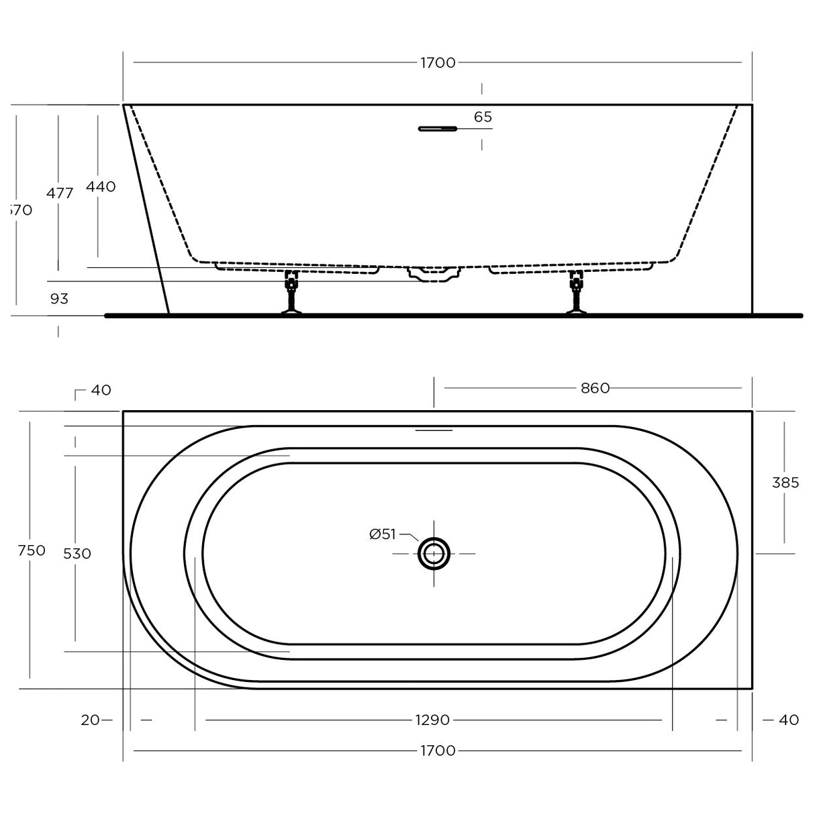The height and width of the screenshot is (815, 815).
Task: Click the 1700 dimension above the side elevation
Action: tap(438, 63)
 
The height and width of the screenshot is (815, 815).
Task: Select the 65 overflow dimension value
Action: tap(483, 117)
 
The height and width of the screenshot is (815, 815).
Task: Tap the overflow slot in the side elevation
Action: tap(437, 128)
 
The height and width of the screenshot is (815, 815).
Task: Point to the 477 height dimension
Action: tap(60, 193)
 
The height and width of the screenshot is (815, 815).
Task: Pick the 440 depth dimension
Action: tap(101, 187)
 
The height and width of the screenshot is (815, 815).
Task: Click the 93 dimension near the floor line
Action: tap(59, 299)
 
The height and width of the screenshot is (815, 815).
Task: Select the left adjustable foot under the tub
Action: tap(291, 294)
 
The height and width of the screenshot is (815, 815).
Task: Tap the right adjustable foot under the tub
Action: tap(575, 294)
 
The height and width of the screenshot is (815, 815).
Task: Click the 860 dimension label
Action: tap(595, 388)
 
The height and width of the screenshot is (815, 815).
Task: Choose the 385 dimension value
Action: tap(785, 483)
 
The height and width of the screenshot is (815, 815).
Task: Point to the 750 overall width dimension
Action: tap(31, 550)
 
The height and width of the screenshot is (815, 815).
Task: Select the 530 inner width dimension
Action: tap(77, 554)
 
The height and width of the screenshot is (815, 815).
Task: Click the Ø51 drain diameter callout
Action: tap(383, 534)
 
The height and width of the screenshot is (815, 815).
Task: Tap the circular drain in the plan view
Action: tap(434, 554)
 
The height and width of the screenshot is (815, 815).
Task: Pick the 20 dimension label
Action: tap(90, 720)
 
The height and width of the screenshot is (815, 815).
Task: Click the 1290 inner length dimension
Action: tap(432, 720)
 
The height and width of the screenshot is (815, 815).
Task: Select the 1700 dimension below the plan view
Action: tap(438, 751)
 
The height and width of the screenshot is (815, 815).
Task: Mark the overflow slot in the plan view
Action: tap(434, 430)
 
